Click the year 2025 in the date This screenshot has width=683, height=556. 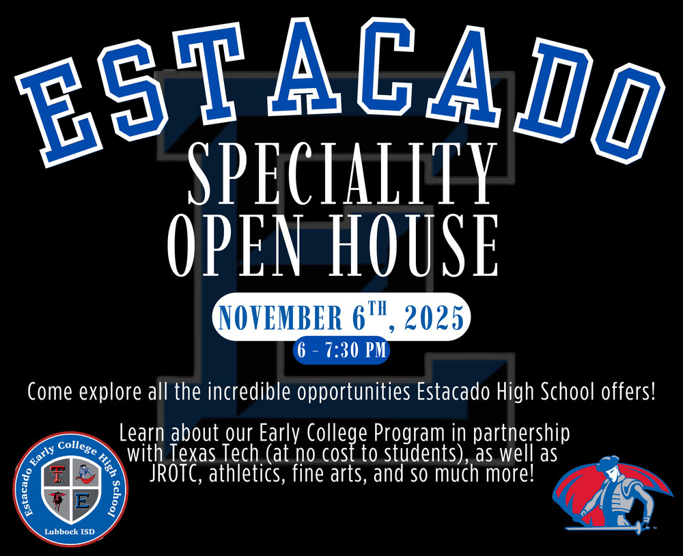pyautogui.click(x=435, y=318)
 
